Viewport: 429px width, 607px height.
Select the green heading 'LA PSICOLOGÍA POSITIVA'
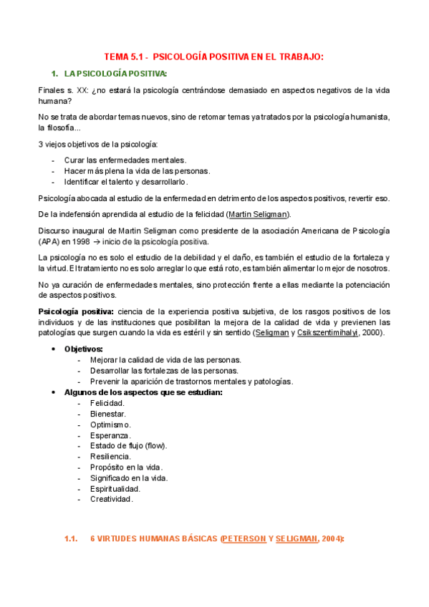115,74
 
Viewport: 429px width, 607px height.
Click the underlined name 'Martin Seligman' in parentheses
258,214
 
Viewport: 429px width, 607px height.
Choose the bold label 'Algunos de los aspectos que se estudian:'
143,392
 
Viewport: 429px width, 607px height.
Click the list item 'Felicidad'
107,403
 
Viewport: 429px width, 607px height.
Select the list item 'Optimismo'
110,424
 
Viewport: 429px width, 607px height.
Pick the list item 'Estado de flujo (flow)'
128,445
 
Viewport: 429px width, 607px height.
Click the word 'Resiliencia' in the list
110,456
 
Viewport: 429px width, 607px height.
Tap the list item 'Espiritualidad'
115,488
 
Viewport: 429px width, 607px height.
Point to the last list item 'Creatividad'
111,499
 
